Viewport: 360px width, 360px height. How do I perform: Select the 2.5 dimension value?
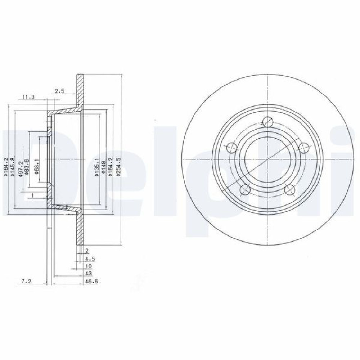tap(60, 92)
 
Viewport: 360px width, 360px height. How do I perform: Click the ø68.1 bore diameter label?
tap(36, 167)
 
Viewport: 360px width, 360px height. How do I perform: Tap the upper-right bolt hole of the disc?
tap(304, 148)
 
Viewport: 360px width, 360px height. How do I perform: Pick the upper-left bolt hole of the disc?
tap(231, 148)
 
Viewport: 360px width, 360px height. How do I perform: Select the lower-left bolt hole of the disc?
tap(245, 190)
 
